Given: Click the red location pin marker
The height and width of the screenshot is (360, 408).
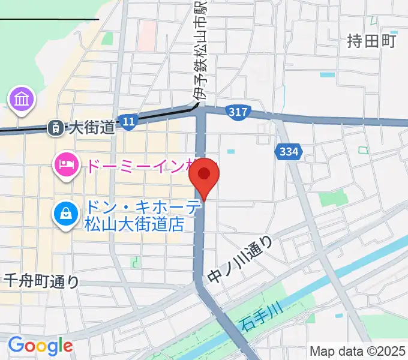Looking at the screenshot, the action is tap(204, 176).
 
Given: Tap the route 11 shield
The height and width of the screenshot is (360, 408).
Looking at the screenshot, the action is tap(127, 122).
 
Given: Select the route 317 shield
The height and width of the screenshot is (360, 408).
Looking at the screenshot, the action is tap(238, 112).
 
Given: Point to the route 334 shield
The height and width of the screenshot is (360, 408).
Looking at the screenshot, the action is tap(288, 152).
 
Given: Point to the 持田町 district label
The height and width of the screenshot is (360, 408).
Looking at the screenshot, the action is tap(372, 41).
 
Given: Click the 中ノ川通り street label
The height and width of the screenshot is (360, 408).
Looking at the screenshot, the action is tap(241, 259).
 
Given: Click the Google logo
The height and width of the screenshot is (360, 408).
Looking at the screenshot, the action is tap(40, 346).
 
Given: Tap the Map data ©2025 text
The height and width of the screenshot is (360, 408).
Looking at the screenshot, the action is tap(357, 351).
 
